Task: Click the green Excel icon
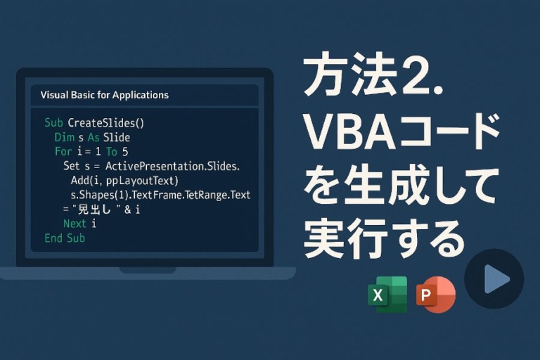(387, 295)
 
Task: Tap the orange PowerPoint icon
(435, 295)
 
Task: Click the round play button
(494, 279)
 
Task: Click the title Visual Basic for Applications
(105, 95)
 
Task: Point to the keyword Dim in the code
(64, 137)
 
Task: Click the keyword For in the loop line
(63, 152)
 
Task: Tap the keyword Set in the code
(71, 167)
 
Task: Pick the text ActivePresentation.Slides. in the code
(172, 167)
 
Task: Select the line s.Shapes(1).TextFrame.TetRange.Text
(160, 195)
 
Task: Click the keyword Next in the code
(75, 224)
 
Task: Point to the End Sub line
(65, 238)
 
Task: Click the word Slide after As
(116, 137)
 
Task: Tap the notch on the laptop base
(147, 270)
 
